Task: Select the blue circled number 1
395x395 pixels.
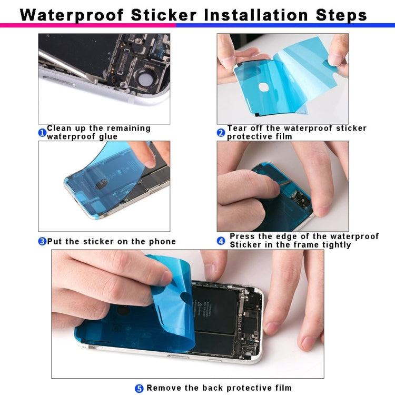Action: (x=42, y=133)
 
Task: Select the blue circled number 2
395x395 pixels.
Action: (x=221, y=133)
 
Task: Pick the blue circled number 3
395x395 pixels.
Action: (x=42, y=242)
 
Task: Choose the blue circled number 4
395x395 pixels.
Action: (x=221, y=241)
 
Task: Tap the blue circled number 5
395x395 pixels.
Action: (x=139, y=389)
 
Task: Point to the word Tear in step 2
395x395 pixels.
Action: (x=237, y=128)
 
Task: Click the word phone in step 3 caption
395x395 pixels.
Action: (x=162, y=242)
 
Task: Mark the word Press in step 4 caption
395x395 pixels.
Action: (x=243, y=236)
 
